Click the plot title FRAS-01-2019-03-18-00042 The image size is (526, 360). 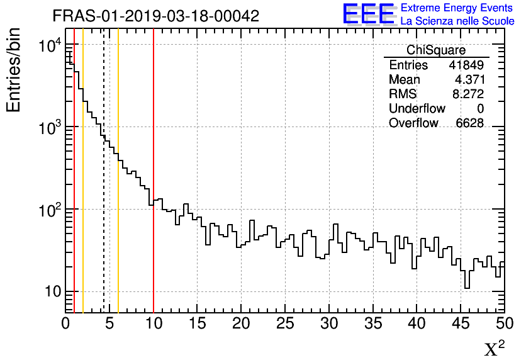point(155,16)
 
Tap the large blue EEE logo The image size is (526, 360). point(369,14)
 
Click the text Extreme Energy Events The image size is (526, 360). point(457,8)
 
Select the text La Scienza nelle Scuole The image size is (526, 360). point(457,21)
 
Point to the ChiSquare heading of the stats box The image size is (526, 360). point(436,50)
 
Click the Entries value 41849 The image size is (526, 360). point(466,65)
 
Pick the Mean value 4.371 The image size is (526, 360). point(469,80)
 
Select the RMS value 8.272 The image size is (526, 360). point(469,94)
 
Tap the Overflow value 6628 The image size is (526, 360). point(470,123)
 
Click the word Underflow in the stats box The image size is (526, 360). point(417,109)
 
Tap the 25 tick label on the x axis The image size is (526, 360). point(285,324)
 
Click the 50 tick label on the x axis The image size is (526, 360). point(503,324)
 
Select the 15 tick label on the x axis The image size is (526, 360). point(198,324)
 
